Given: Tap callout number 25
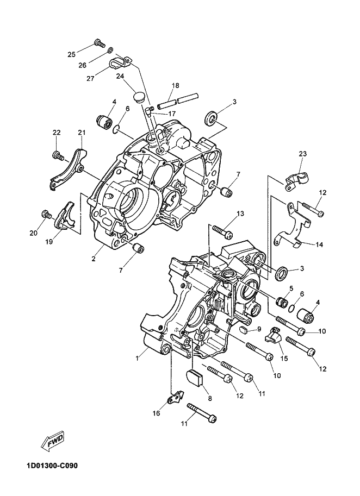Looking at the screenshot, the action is point(72,54).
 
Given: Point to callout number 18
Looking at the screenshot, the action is point(176,85).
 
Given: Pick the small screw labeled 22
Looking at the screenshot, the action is point(58,155).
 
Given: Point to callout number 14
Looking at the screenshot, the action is point(319,244).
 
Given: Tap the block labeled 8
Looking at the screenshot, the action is point(194,378).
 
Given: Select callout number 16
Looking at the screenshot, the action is point(156,413).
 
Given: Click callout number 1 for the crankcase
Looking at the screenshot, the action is point(137,359).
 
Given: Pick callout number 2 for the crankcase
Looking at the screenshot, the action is point(94,259).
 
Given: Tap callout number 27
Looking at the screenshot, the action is point(91,78).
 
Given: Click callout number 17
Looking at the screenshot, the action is point(172,114).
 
